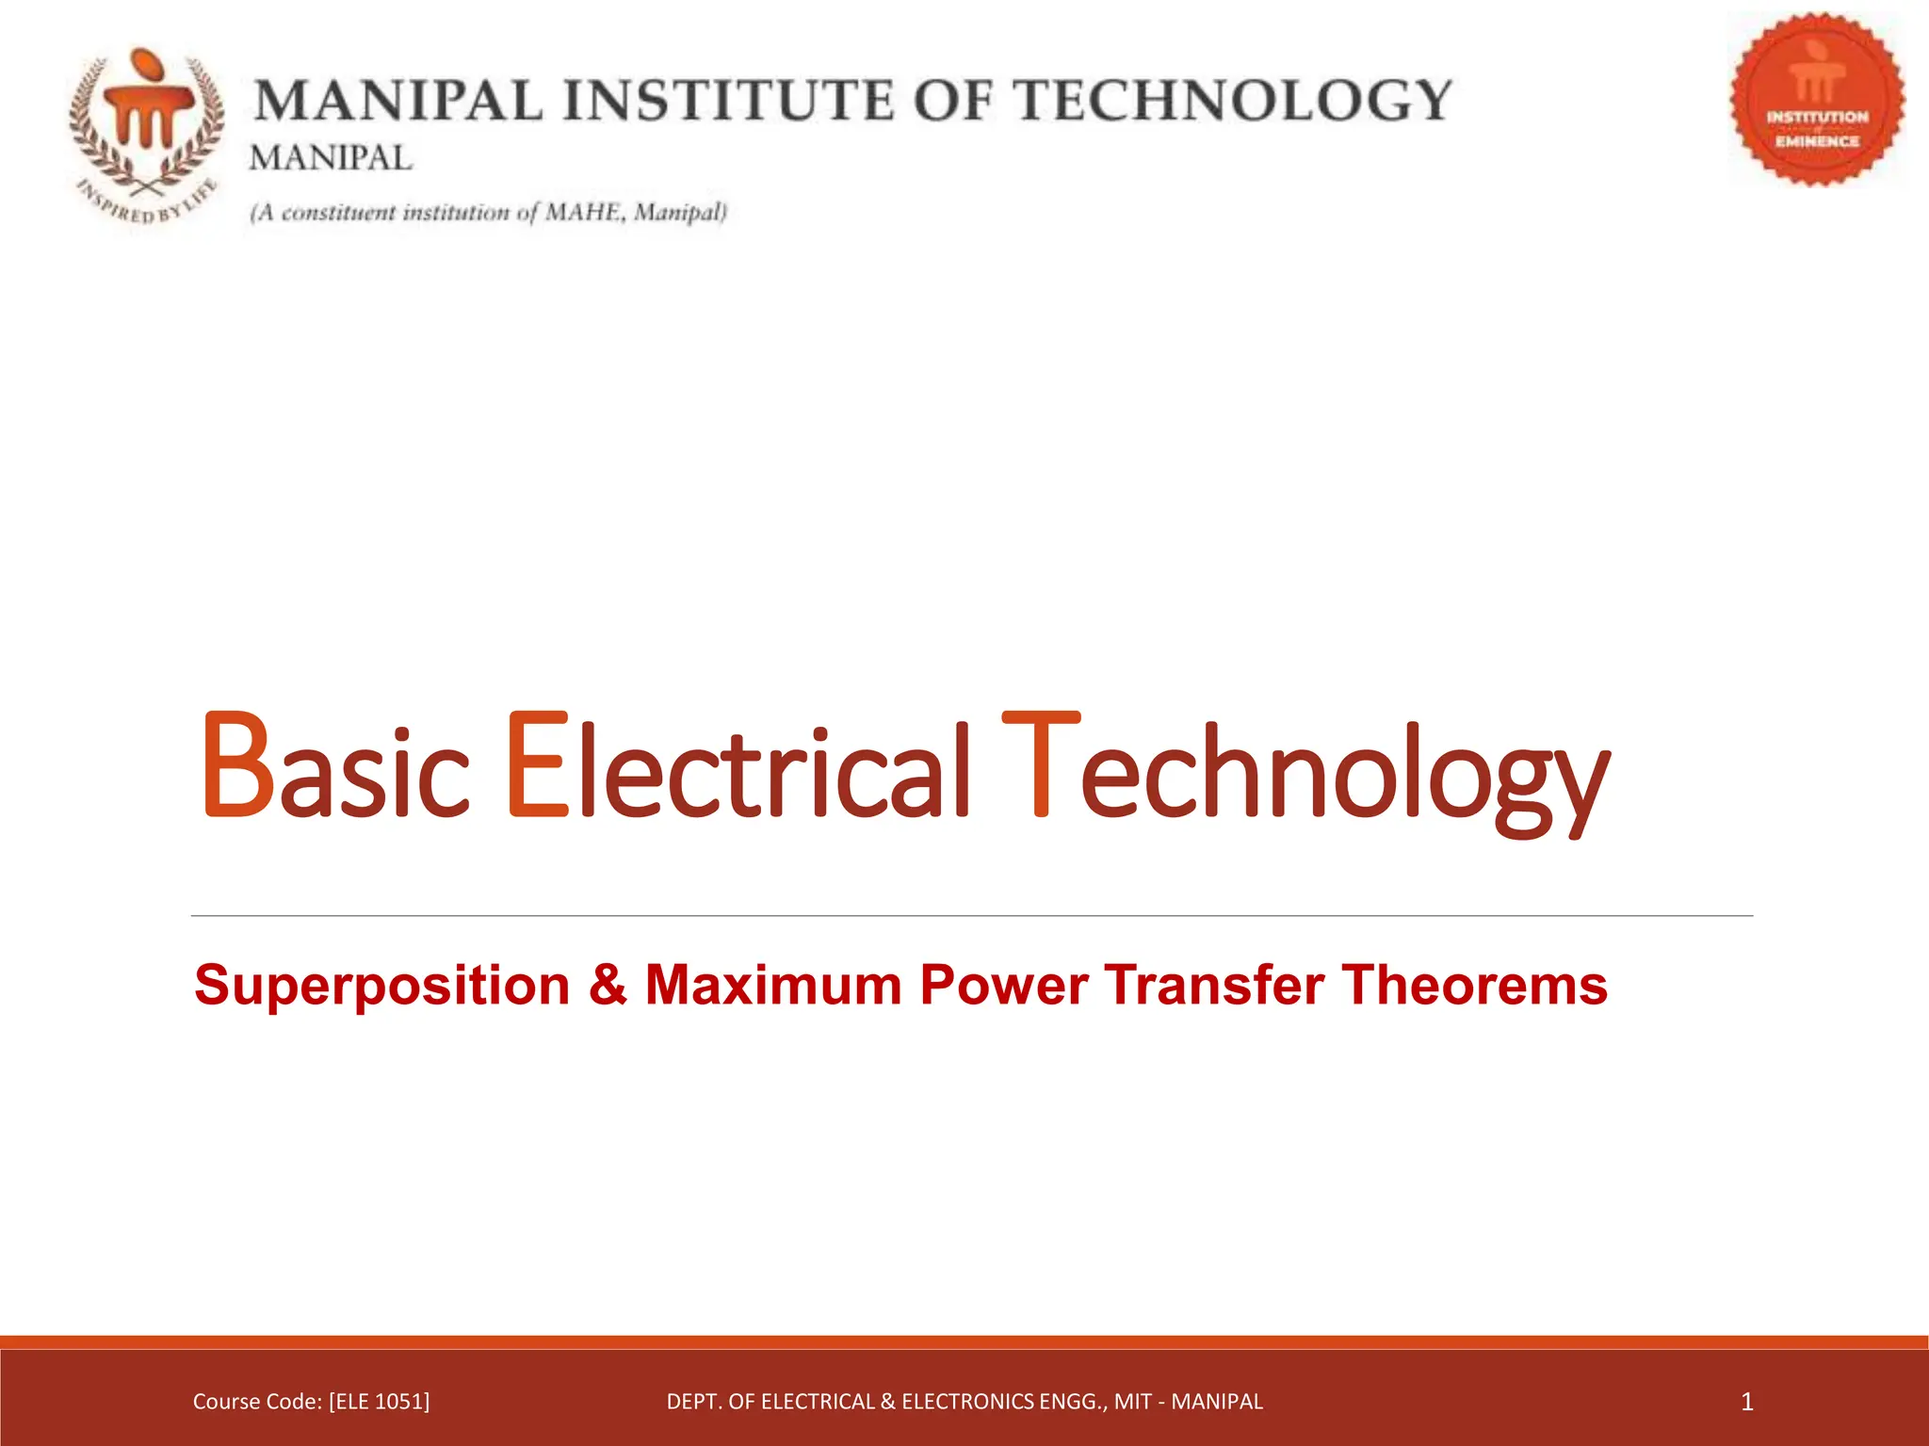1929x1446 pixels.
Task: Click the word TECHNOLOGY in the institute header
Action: point(1235,101)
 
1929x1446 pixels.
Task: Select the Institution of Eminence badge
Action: point(1817,99)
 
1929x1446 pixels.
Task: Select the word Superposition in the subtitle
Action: point(382,986)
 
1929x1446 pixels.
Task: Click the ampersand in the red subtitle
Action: point(608,985)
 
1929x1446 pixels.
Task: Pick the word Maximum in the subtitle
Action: point(773,986)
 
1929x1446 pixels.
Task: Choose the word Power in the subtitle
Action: point(1004,986)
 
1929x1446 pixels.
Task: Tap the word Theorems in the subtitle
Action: point(1475,986)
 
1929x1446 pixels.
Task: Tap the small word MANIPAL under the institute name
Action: point(331,158)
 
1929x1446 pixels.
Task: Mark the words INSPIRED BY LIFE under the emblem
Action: point(147,201)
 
